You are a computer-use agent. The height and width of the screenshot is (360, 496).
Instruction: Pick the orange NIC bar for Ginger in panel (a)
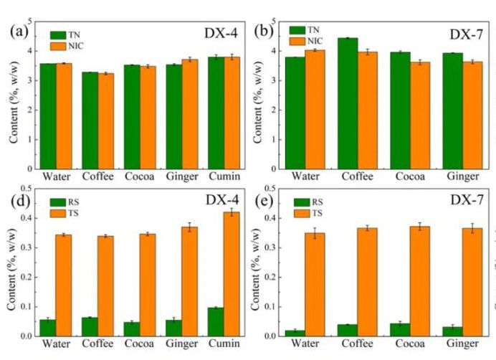[190, 114]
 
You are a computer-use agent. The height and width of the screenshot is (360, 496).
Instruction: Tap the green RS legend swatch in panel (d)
[59, 202]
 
